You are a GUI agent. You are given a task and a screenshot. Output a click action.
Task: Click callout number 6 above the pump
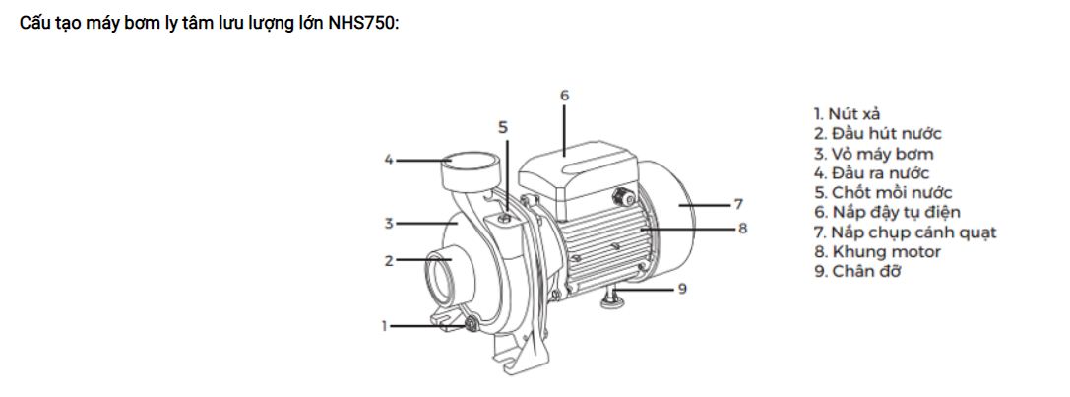click(564, 96)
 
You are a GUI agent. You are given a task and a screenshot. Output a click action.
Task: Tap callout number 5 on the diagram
click(503, 127)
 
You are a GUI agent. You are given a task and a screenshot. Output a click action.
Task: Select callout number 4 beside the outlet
click(389, 160)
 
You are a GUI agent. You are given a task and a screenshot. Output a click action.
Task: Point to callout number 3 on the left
click(389, 223)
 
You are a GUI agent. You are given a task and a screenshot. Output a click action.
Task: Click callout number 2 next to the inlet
click(389, 260)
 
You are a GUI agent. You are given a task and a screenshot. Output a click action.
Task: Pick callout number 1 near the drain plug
click(384, 326)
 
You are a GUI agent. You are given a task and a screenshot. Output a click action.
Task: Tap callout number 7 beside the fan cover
click(737, 204)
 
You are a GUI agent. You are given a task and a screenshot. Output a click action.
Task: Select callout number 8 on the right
click(742, 229)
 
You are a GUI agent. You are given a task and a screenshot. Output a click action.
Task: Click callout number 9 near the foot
click(682, 289)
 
